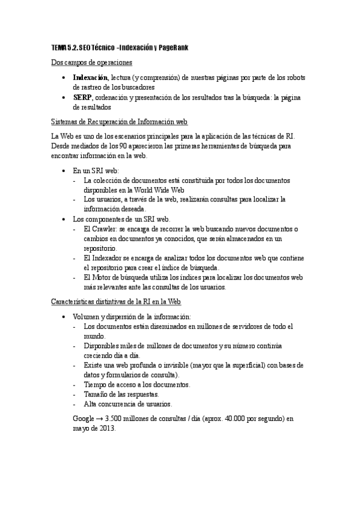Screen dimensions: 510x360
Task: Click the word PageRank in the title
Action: tap(174, 48)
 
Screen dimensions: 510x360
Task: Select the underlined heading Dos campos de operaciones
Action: tap(91, 63)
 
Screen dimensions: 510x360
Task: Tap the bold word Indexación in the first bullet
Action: tap(90, 78)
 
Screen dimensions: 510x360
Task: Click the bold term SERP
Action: tap(82, 98)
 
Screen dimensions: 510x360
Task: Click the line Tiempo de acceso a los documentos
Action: tap(137, 384)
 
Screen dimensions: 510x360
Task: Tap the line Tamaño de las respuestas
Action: tap(121, 394)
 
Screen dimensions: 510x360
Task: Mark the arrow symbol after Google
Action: tap(100, 419)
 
